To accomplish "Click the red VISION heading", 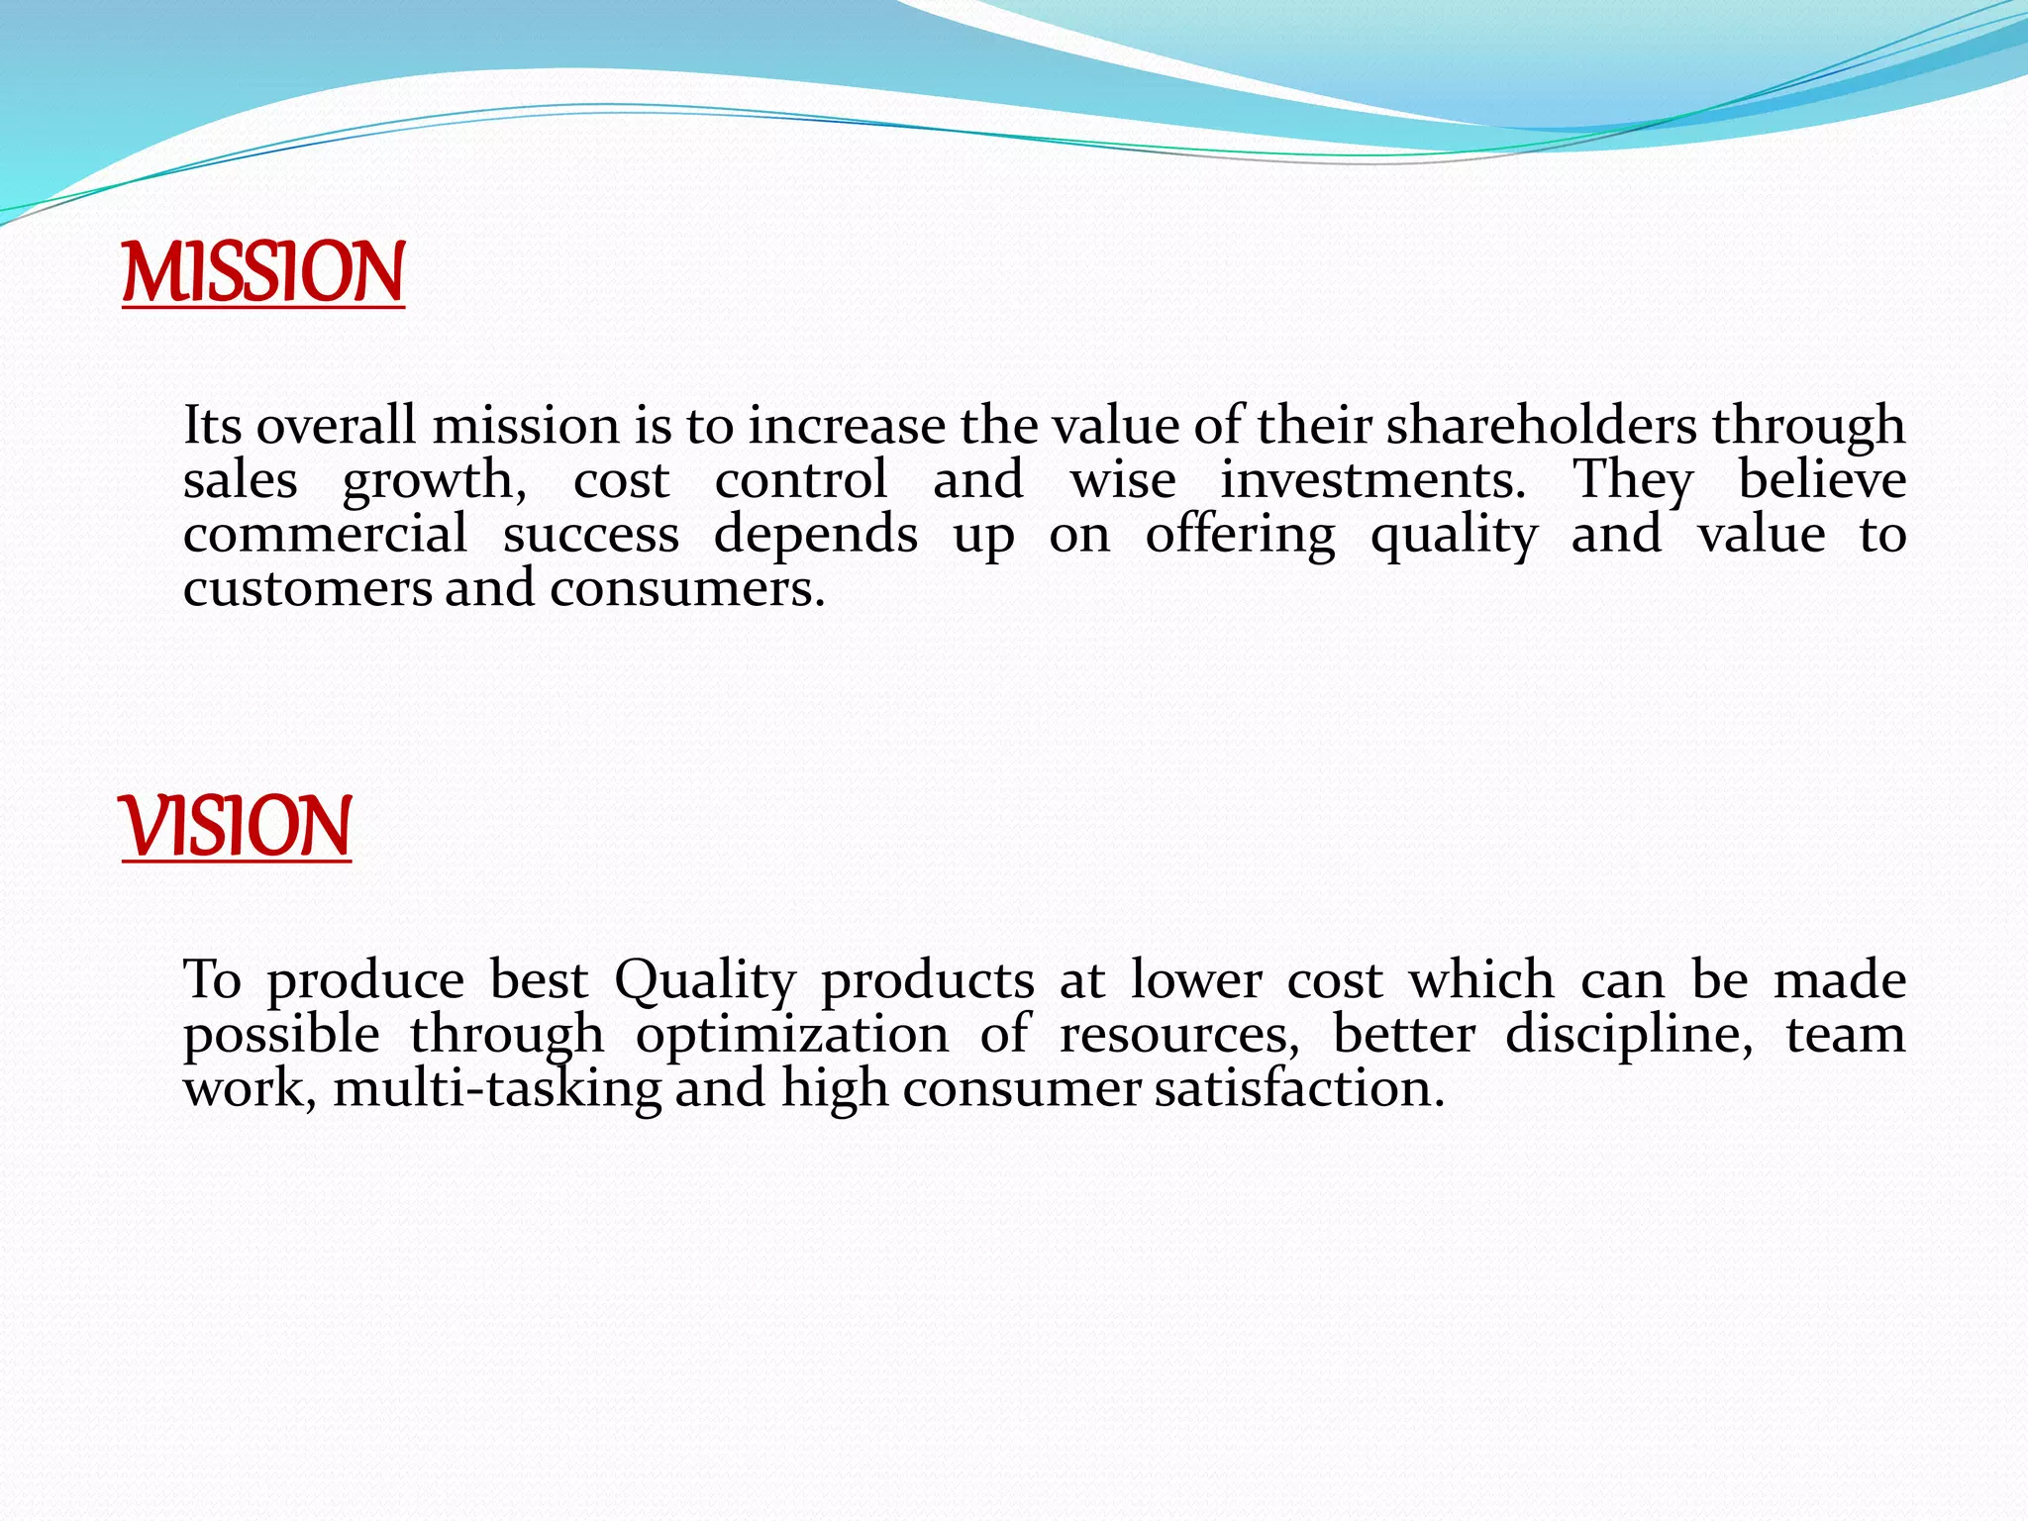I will pyautogui.click(x=236, y=827).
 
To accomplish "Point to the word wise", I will pyautogui.click(x=1123, y=480).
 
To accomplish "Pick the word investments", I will pyautogui.click(x=1372, y=480).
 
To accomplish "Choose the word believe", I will pyautogui.click(x=1822, y=480).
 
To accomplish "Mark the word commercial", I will pyautogui.click(x=325, y=535).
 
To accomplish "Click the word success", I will pyautogui.click(x=591, y=535).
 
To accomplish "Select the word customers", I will pyautogui.click(x=307, y=589).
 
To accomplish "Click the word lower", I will pyautogui.click(x=1196, y=980).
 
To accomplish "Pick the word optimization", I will pyautogui.click(x=792, y=1036).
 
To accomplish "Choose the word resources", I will pyautogui.click(x=1179, y=1036).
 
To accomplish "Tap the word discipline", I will pyautogui.click(x=1629, y=1036).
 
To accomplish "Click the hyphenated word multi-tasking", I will pyautogui.click(x=497, y=1089).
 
